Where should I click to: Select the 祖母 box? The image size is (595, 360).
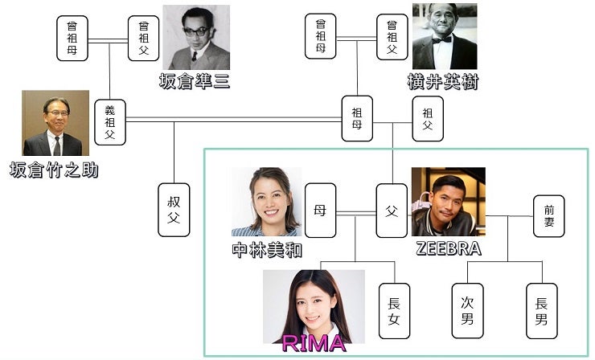[x=357, y=117]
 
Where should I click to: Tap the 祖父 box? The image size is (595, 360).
[x=427, y=120]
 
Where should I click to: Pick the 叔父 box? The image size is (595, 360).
[x=174, y=209]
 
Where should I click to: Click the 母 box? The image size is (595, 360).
[x=319, y=211]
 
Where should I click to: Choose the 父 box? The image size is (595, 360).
[x=392, y=211]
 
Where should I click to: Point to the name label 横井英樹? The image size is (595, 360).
[x=443, y=81]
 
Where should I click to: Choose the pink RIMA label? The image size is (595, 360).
[x=314, y=344]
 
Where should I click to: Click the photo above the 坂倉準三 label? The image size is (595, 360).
[x=195, y=38]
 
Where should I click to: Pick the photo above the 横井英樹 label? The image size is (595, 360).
[x=445, y=36]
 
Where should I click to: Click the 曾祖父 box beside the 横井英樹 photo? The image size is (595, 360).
[x=392, y=38]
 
